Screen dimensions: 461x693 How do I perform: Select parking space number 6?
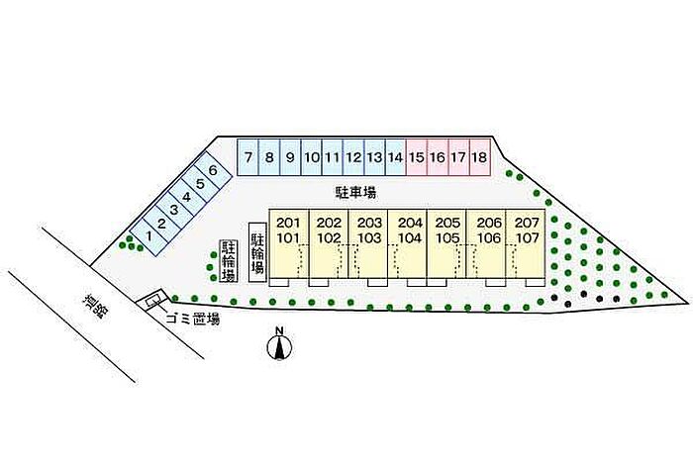point(212,170)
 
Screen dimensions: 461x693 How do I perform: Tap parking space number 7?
point(247,156)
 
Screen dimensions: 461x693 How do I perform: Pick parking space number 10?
point(311,156)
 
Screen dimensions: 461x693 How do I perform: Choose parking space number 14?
point(395,156)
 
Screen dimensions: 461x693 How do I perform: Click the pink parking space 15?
point(417,156)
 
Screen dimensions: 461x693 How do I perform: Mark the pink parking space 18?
point(479,156)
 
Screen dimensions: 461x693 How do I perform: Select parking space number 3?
point(173,209)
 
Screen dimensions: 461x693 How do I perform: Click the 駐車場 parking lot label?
point(354,192)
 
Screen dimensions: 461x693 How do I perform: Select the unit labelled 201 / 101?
point(289,242)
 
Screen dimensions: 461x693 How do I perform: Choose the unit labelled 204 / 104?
point(409,242)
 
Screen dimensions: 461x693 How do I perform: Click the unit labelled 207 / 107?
point(528,242)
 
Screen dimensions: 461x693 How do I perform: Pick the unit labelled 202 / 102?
point(329,242)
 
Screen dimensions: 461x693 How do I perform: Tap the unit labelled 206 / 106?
point(488,242)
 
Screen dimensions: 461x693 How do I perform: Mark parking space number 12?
point(353,156)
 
